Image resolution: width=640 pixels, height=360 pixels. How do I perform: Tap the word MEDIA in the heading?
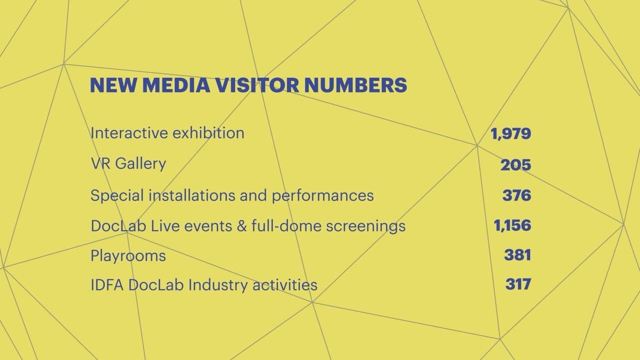click(x=176, y=85)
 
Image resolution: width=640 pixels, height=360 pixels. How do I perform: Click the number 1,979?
click(x=510, y=134)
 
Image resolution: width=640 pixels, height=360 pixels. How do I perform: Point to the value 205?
click(x=515, y=165)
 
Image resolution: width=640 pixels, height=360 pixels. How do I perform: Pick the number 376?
click(x=516, y=195)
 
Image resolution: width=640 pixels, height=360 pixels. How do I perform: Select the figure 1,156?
click(x=512, y=225)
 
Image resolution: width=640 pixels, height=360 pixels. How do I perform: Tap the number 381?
click(x=517, y=255)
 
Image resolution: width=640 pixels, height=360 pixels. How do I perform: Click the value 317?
click(x=518, y=285)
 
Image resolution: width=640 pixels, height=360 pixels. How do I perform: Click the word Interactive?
click(x=128, y=133)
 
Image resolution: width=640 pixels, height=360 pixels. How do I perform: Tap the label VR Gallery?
click(x=128, y=164)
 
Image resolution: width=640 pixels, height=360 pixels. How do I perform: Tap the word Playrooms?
click(x=128, y=256)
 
